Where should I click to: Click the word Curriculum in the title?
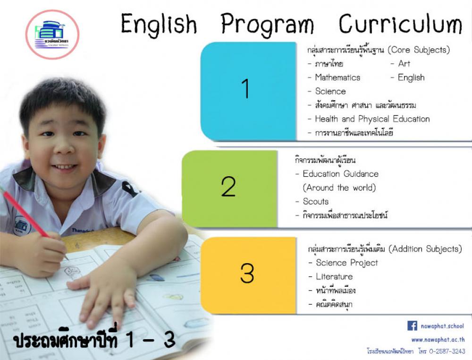[x=400, y=24]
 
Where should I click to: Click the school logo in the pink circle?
[x=52, y=34]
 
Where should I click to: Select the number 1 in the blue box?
[x=245, y=88]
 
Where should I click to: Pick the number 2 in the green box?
[x=228, y=187]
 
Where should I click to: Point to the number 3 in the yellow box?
[x=247, y=273]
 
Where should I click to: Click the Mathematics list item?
[x=337, y=77]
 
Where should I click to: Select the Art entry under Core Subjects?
[x=404, y=64]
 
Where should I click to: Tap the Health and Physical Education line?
[x=372, y=119]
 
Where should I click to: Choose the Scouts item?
[x=315, y=201]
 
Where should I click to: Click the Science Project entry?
[x=347, y=263]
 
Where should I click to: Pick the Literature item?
[x=334, y=276]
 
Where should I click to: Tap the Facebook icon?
[x=412, y=326]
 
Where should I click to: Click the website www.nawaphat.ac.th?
[x=438, y=340]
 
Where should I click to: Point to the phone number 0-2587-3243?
[x=447, y=351]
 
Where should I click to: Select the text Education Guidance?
[x=340, y=174]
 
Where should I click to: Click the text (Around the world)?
[x=339, y=188]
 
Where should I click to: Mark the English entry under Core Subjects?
[x=411, y=78]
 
